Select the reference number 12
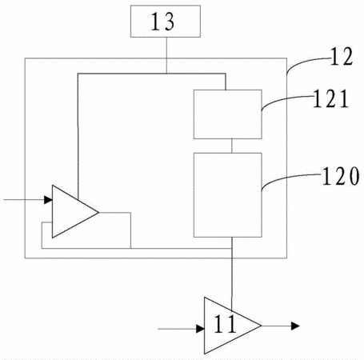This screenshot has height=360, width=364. tap(342, 56)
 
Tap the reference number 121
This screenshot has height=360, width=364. tap(330, 98)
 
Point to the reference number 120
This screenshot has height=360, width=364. tap(341, 176)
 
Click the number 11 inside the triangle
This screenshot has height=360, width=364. tap(225, 324)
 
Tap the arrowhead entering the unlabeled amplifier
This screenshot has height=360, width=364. tap(48, 200)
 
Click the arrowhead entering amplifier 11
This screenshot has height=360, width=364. tap(200, 329)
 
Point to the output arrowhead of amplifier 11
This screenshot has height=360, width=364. tap(295, 326)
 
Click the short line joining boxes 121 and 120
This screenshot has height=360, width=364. tap(232, 146)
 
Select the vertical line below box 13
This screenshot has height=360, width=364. tap(166, 55)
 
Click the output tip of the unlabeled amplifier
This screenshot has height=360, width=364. tap(99, 212)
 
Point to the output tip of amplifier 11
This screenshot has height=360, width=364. tap(261, 326)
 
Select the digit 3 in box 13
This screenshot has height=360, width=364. tap(169, 22)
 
